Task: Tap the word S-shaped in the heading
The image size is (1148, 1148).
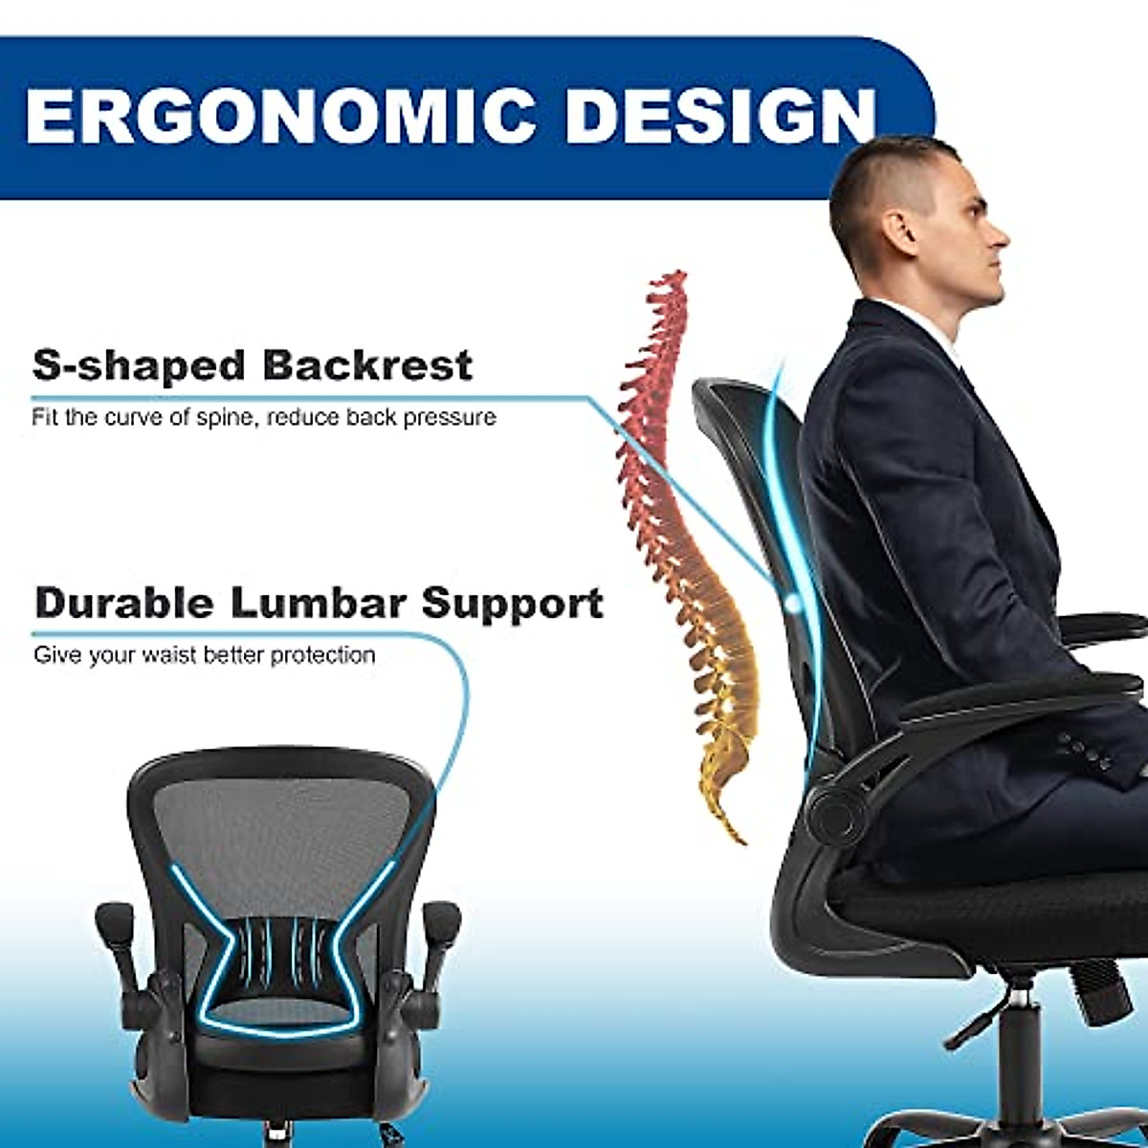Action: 139,366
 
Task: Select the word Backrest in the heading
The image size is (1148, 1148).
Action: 367,366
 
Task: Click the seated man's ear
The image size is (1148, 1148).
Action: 900,231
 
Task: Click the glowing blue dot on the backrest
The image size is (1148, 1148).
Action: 793,603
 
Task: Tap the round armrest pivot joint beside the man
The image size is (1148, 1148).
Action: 836,816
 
